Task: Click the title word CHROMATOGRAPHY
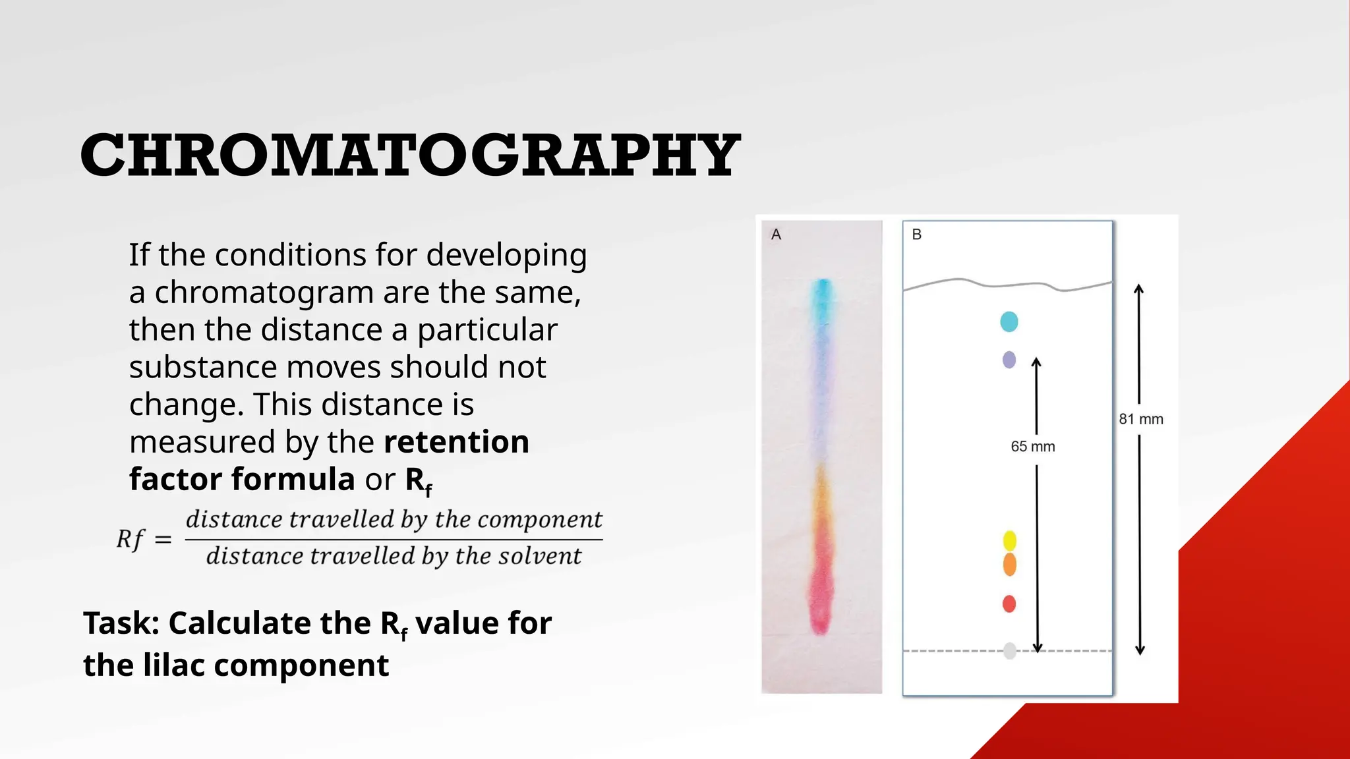tap(410, 155)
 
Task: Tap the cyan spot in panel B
tap(1009, 322)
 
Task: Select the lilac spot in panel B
tap(1009, 360)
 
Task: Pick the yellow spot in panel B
tap(1009, 540)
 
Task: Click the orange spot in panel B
tap(1009, 565)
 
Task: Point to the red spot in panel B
tap(1009, 604)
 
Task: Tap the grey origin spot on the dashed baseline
tap(1009, 651)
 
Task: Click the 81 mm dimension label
tap(1140, 419)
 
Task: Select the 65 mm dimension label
tap(1032, 447)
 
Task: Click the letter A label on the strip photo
tap(776, 235)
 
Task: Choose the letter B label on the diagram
tap(916, 235)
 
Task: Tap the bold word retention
tap(456, 441)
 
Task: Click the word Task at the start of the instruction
tap(121, 623)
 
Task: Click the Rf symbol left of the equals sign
tap(131, 539)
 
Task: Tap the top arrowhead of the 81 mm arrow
tap(1139, 289)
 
